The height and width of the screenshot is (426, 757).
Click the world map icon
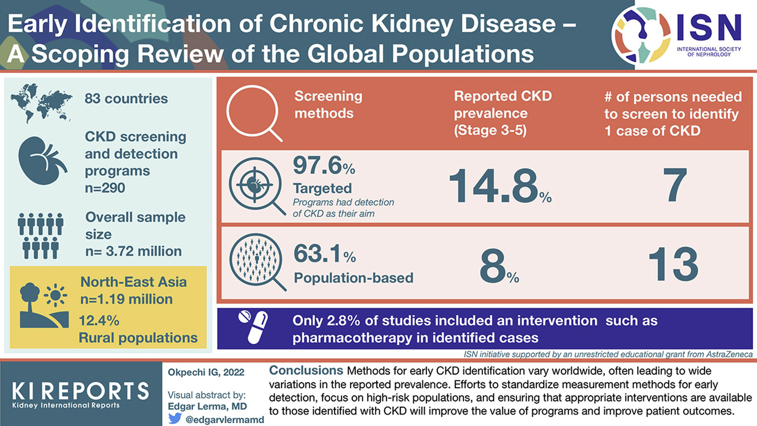(42, 101)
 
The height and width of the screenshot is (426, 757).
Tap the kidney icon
(42, 161)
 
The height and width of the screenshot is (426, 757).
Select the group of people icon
(40, 236)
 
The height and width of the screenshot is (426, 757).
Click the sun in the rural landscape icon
(55, 295)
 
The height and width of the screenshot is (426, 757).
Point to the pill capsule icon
(253, 327)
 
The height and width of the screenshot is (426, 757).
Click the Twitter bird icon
(175, 418)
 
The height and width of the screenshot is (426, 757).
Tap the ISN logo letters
(709, 28)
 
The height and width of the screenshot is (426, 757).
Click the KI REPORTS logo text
(80, 391)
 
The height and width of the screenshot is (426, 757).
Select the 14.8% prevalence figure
(500, 186)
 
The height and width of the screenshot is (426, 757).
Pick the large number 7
(674, 186)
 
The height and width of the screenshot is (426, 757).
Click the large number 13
(673, 264)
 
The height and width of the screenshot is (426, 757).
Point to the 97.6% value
(323, 166)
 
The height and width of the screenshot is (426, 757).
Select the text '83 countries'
(126, 99)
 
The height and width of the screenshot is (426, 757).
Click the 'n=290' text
(105, 188)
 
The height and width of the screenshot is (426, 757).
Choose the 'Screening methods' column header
(328, 104)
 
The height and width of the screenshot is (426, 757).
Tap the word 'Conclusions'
(306, 371)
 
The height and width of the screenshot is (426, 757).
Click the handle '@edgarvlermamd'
(224, 419)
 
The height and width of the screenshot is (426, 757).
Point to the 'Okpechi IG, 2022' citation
(206, 372)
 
